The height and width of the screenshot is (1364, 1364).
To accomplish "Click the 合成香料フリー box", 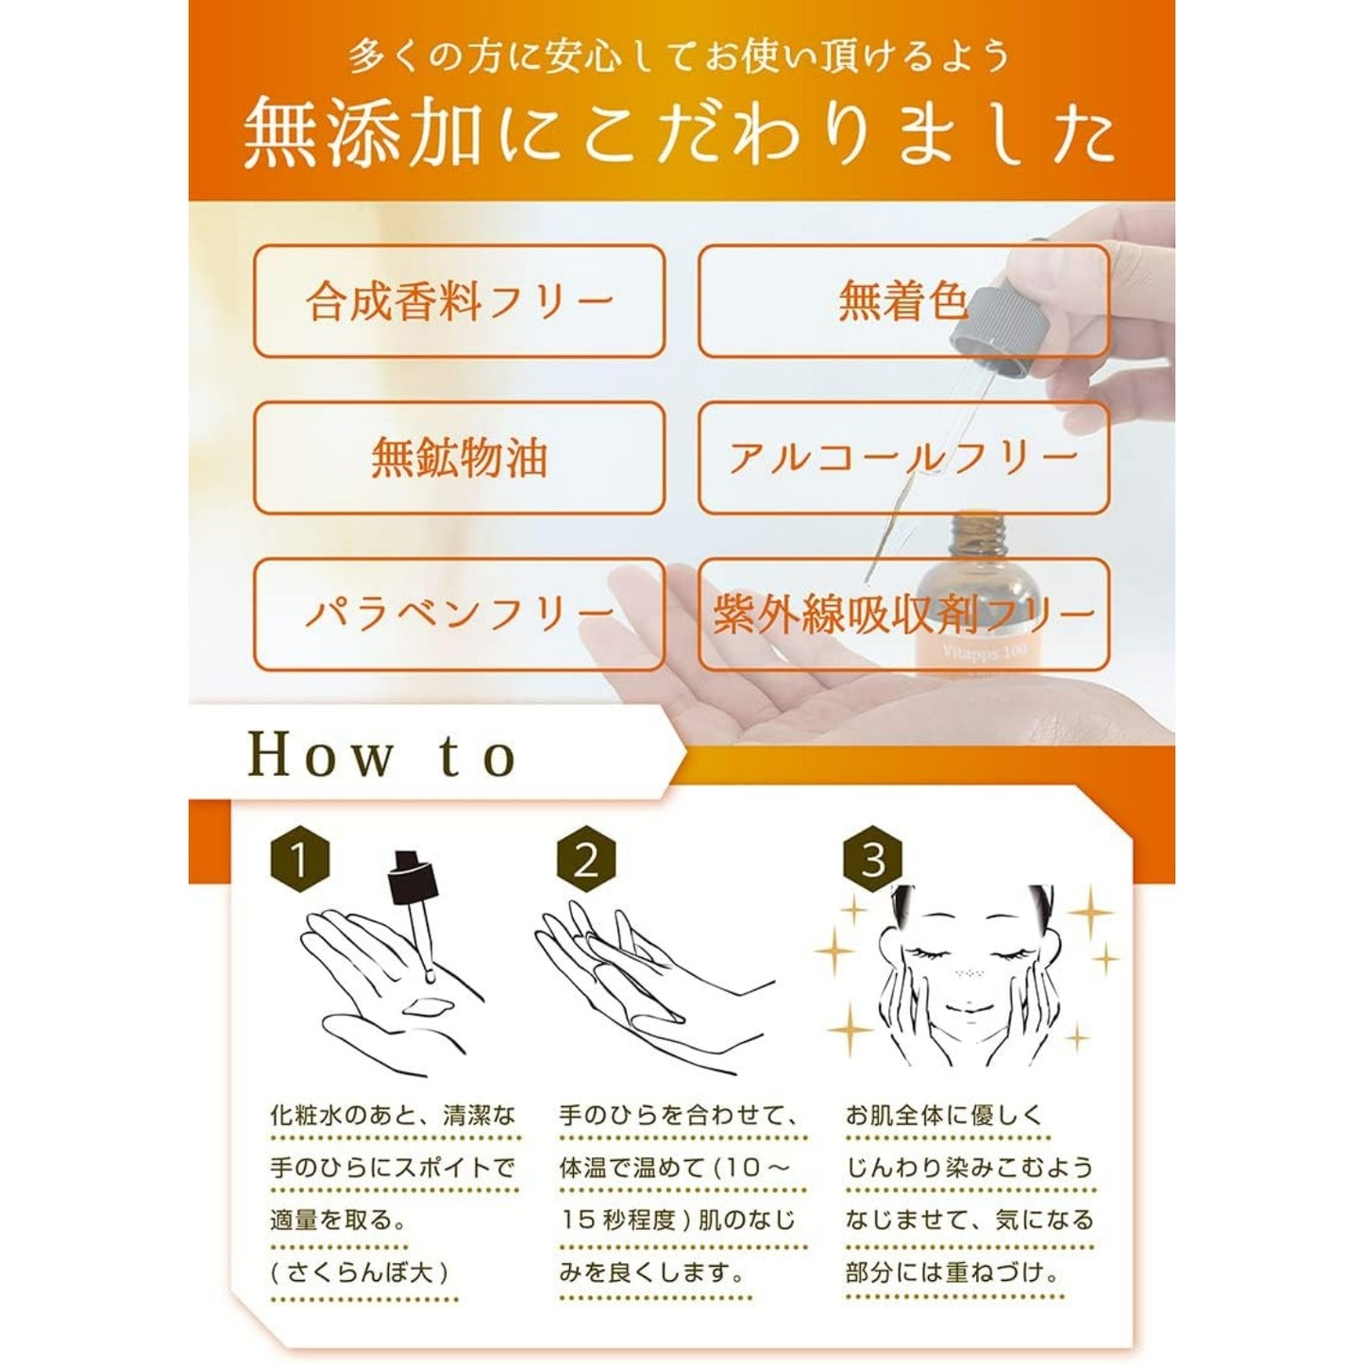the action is click(x=459, y=301).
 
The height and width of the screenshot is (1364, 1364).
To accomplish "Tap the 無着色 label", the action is click(x=902, y=301).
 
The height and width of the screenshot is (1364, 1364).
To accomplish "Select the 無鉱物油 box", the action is click(x=459, y=458).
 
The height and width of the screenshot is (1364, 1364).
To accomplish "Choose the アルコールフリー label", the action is click(x=902, y=458).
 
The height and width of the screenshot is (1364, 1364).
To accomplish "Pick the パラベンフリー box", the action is click(x=459, y=614).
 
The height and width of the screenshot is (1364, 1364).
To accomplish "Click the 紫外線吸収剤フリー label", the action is click(x=902, y=614).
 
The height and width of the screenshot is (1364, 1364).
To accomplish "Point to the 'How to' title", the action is click(x=382, y=755).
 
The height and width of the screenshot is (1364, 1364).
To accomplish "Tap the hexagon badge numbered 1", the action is click(x=300, y=862).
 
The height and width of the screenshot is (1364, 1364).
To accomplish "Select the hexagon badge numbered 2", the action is click(x=587, y=862).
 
